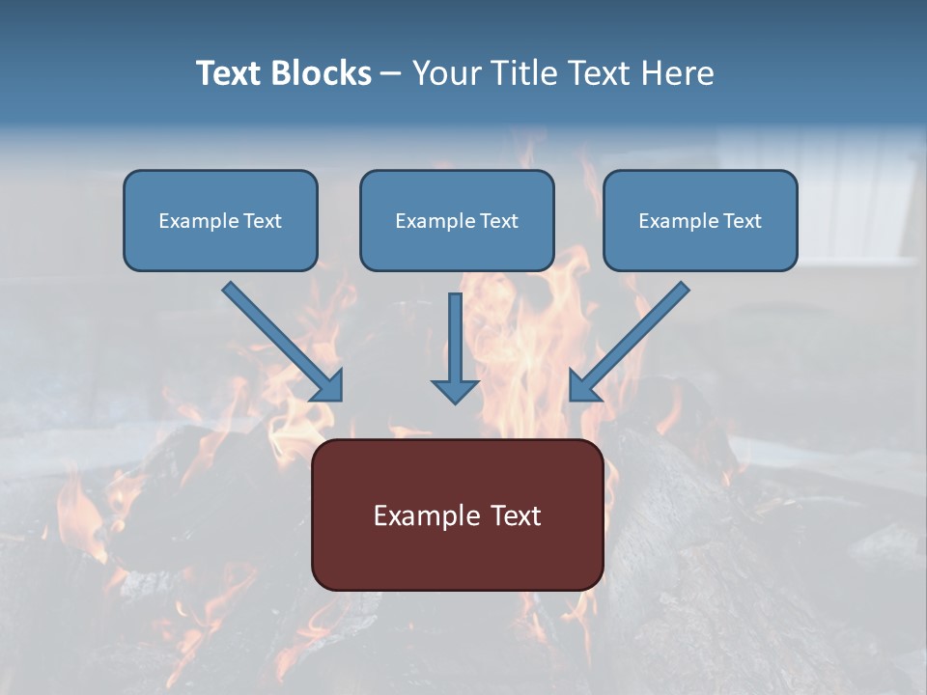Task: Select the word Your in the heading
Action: point(447,73)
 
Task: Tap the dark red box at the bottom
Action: point(457,560)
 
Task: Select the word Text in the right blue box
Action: point(742,221)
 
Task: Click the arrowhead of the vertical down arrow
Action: point(455,392)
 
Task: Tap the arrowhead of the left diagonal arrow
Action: point(329,387)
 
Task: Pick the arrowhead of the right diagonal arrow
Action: point(583,386)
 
